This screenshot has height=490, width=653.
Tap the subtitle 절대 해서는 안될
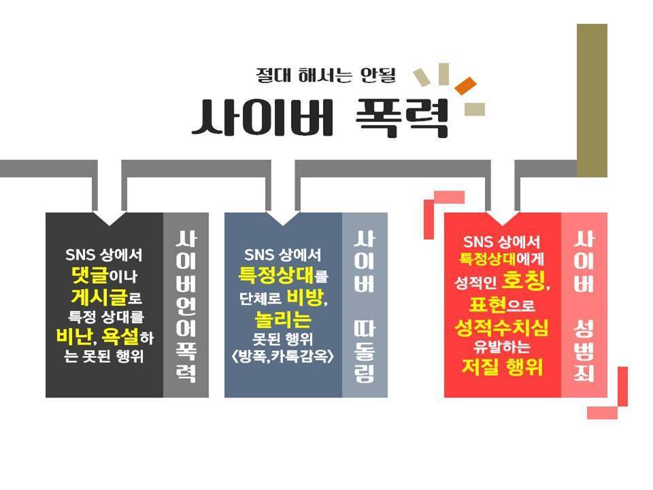pyautogui.click(x=325, y=74)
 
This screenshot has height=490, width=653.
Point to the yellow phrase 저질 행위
pyautogui.click(x=502, y=367)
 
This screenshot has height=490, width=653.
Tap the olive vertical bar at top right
pyautogui.click(x=592, y=100)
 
